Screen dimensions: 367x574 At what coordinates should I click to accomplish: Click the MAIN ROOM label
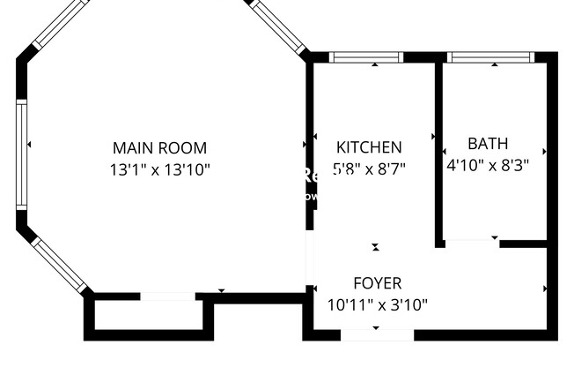159,147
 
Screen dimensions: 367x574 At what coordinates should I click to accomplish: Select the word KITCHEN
370,147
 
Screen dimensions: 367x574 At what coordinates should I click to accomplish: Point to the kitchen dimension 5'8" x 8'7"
370,166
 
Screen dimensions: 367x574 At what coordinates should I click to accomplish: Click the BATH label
488,143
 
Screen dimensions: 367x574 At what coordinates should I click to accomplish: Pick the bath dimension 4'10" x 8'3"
488,163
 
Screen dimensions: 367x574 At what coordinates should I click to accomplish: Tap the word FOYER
377,283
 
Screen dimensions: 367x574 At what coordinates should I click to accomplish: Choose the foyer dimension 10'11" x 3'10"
377,304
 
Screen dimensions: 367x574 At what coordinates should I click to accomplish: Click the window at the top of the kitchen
367,57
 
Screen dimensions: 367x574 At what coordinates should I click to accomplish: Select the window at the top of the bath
490,57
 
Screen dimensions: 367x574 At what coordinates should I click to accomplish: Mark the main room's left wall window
21,154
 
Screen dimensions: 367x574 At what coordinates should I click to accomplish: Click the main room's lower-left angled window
60,263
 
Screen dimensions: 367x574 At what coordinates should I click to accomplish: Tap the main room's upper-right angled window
275,25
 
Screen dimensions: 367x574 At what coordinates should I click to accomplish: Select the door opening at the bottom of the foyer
376,334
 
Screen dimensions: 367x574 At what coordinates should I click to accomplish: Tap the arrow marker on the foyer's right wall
546,288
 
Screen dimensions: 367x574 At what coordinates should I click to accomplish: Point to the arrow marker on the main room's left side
30,144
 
